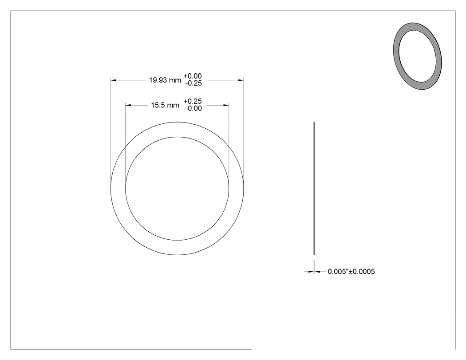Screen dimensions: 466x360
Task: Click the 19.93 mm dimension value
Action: [165, 80]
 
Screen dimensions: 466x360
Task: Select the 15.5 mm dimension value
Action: [165, 105]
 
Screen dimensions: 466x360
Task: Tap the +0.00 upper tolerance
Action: [193, 76]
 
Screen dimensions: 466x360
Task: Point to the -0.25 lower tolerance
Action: [194, 83]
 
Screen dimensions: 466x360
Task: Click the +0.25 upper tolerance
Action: [193, 101]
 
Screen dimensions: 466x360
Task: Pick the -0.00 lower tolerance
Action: [194, 108]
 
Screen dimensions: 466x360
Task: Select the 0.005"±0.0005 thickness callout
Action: [351, 271]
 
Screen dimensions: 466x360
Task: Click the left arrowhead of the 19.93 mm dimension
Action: [113, 80]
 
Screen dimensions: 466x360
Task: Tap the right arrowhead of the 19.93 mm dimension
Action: [241, 80]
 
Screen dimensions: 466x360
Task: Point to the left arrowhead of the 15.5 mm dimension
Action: [128, 105]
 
